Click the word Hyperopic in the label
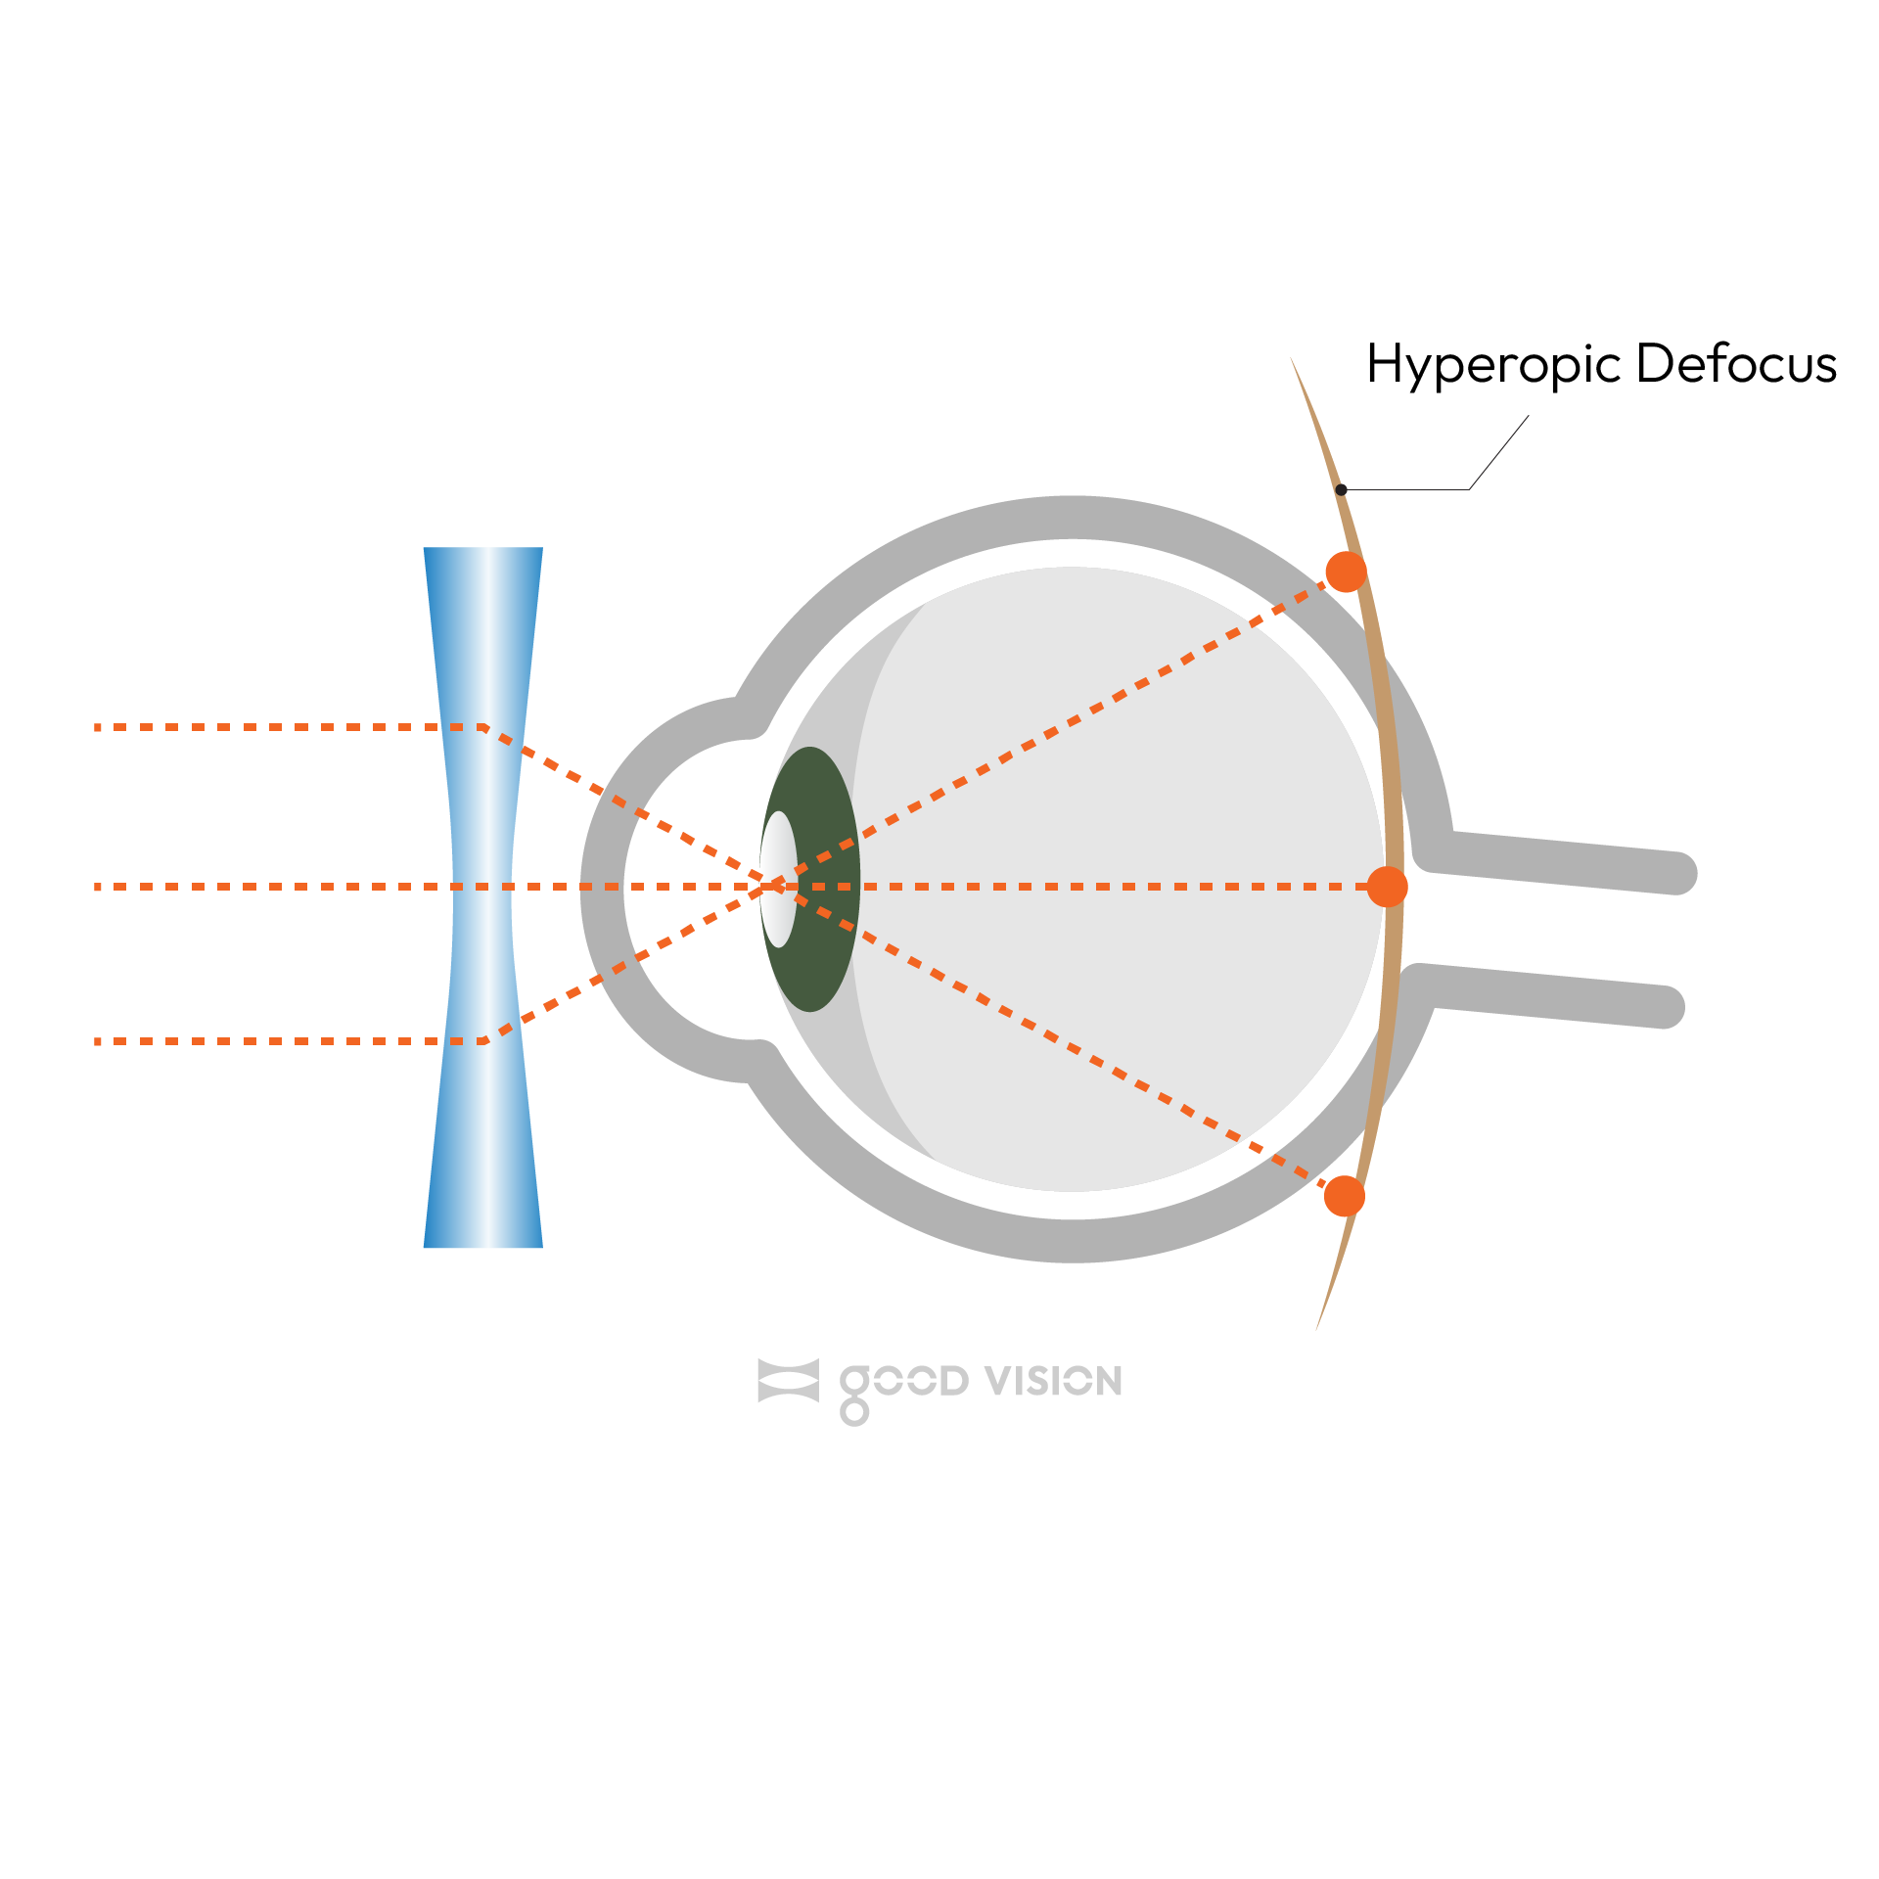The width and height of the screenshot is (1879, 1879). point(1493,366)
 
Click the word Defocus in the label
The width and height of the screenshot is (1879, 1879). point(1736,364)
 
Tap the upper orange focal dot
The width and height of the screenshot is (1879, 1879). point(1346,572)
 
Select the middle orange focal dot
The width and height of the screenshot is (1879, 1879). point(1387,887)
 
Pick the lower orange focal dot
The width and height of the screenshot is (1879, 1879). point(1344,1196)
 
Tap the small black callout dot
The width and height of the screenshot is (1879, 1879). point(1342,489)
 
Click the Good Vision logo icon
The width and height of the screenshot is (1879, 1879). point(788,1381)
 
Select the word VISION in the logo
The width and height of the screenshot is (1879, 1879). point(1053,1381)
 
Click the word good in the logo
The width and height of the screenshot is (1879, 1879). point(902,1383)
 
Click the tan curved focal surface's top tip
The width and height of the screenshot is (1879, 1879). point(1293,361)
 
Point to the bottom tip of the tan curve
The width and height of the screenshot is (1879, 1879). point(1317,1326)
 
